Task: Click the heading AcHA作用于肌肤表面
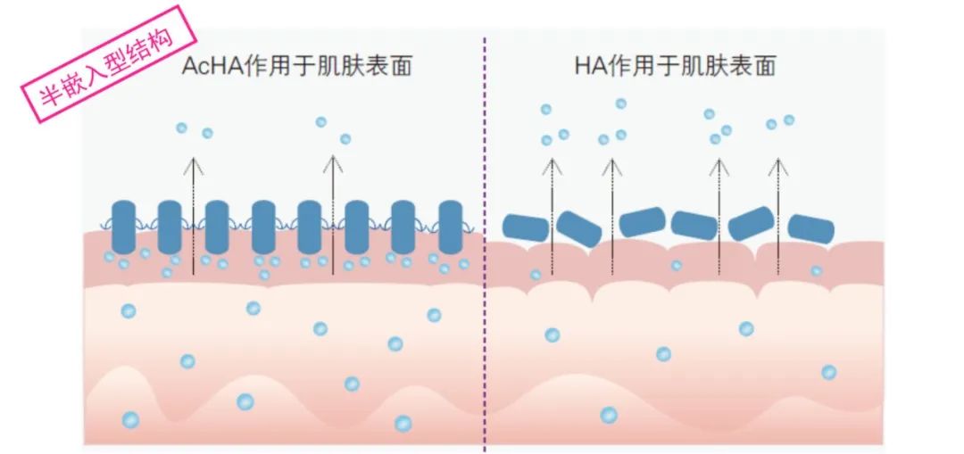tap(296, 66)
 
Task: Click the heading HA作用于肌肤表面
tap(675, 66)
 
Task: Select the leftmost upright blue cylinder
tap(123, 227)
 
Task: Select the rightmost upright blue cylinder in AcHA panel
tap(451, 227)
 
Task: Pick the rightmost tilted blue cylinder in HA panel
tap(810, 228)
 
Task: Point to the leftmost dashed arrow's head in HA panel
tap(553, 164)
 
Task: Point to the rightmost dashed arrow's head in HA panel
tap(779, 164)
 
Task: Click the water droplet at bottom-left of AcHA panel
tap(130, 419)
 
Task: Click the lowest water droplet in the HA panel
tap(609, 415)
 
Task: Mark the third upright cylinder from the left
tap(217, 227)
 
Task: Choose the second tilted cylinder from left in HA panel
tap(580, 229)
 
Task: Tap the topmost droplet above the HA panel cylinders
tap(620, 104)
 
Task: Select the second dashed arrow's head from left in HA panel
tap(611, 164)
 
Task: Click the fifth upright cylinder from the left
tap(310, 227)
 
